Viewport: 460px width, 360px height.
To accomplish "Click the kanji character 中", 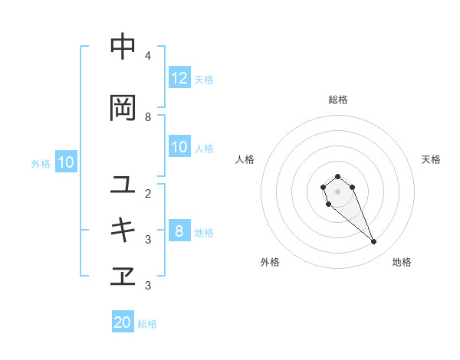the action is point(123,47).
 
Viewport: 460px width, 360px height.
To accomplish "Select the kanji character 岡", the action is point(123,108).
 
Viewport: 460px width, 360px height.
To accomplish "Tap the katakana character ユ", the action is point(123,185).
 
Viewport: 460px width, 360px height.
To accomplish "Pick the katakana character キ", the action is point(123,231).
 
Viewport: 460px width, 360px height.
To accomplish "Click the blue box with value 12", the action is point(179,78).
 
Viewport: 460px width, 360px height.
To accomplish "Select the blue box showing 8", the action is point(179,231).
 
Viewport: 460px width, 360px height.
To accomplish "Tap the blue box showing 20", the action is point(123,322).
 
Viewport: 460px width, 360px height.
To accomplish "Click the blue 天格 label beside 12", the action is point(204,79).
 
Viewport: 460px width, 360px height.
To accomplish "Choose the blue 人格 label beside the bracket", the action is point(204,148).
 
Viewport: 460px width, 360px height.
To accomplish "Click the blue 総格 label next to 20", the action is point(147,324).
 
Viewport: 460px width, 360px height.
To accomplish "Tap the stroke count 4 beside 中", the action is point(147,56).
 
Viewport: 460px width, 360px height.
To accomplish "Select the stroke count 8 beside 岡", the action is point(147,116).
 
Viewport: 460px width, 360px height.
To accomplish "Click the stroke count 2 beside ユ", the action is point(147,193).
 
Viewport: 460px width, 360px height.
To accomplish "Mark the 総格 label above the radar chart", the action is point(338,100).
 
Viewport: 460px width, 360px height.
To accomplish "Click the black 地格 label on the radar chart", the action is point(402,262).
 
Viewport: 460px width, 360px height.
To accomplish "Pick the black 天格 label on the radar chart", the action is point(431,159).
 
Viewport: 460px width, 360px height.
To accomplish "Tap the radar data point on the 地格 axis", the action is point(374,242).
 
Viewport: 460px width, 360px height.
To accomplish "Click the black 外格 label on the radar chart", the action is point(270,262).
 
